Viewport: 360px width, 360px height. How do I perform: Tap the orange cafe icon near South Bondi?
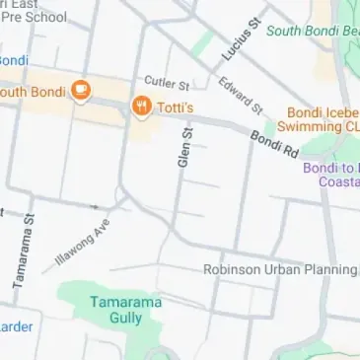81,94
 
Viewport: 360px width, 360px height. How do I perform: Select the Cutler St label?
167,82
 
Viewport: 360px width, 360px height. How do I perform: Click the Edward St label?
241,95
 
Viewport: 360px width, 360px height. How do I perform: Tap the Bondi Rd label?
272,145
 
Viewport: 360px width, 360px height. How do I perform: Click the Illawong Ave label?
82,243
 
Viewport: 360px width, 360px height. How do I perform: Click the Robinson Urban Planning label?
280,269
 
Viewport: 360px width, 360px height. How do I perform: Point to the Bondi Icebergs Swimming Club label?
322,119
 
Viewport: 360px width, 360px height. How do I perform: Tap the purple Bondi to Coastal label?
330,175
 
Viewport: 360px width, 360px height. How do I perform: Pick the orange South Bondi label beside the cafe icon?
33,93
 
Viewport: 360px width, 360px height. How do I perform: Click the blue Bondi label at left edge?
12,58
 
